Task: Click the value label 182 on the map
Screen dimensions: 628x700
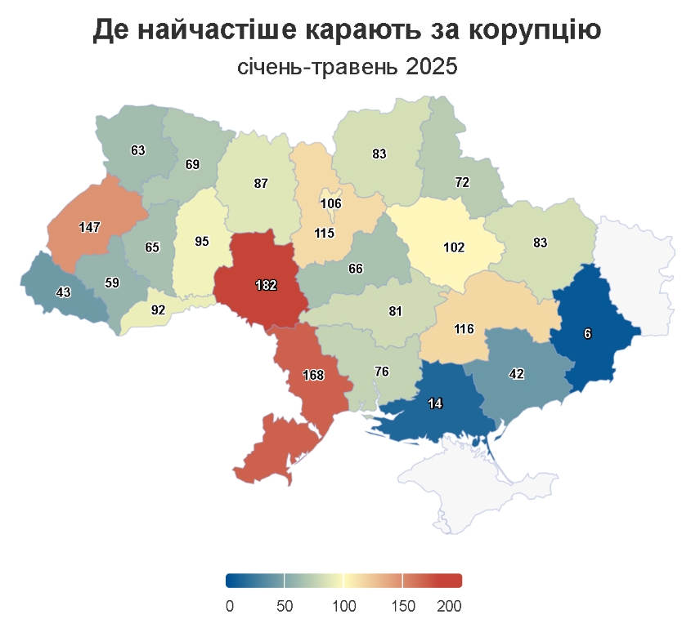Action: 267,286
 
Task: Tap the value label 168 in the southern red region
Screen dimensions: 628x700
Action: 313,376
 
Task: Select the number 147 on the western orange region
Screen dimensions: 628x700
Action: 89,227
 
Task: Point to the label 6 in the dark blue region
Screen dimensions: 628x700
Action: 587,333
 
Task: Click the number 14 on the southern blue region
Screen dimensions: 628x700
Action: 436,403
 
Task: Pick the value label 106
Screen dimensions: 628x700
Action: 331,203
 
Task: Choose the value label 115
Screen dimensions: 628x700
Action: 325,234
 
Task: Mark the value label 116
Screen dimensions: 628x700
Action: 464,330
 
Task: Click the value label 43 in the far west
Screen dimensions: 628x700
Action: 63,292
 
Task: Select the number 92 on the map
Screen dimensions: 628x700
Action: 158,310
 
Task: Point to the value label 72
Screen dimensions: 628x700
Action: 462,183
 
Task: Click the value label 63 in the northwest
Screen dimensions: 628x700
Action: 137,150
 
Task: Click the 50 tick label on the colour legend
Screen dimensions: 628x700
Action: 285,606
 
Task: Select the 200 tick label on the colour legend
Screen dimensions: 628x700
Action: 449,606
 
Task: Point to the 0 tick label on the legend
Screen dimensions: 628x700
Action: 230,606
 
